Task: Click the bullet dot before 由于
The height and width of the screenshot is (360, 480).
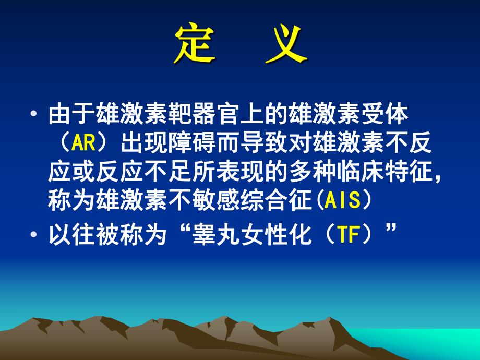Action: pyautogui.click(x=34, y=114)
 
